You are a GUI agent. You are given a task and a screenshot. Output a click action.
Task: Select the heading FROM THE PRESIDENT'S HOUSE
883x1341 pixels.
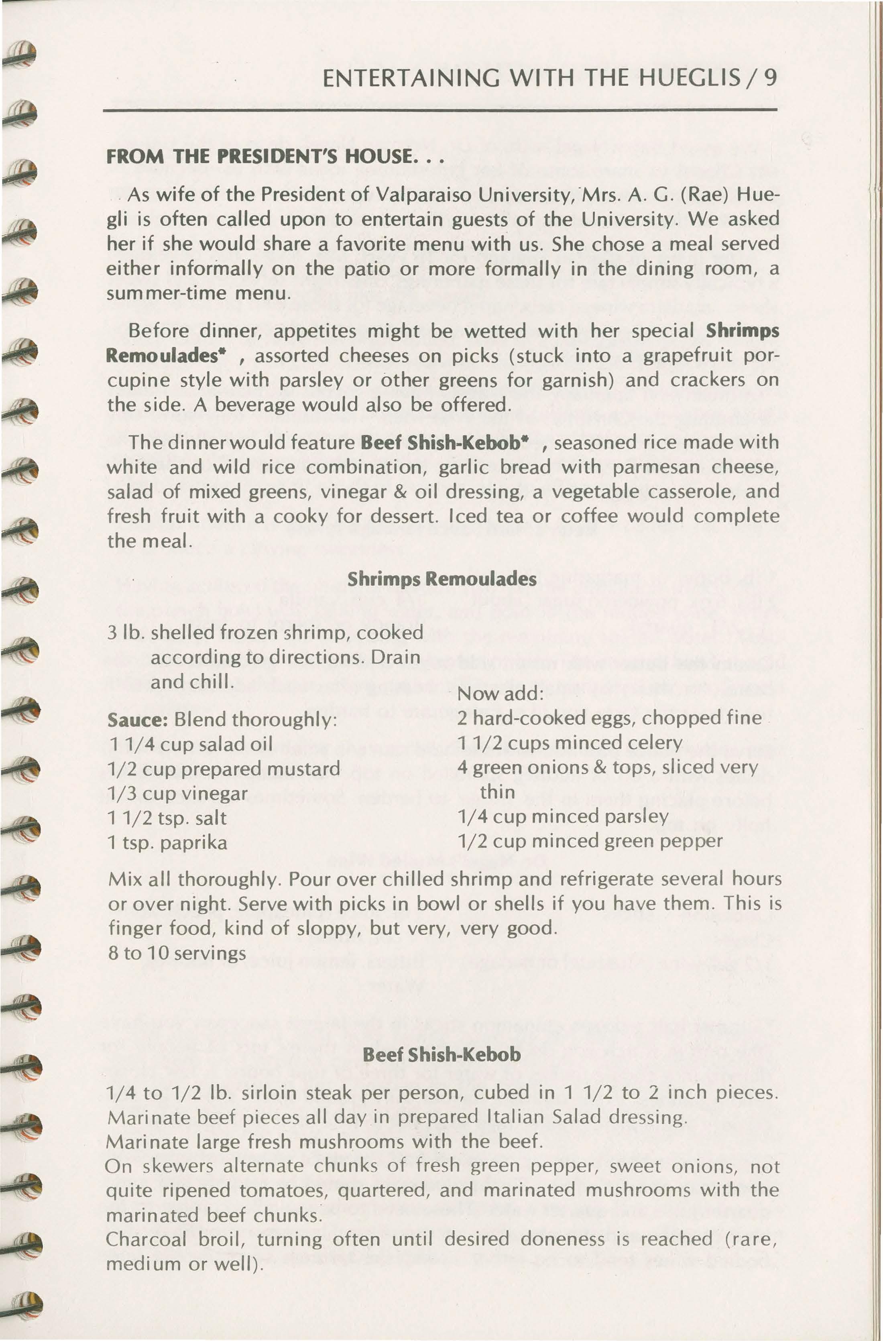275,156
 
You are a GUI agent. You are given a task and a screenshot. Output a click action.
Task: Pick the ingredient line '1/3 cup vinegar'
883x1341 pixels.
177,794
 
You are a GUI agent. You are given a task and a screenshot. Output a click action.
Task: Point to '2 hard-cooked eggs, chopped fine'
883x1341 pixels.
608,718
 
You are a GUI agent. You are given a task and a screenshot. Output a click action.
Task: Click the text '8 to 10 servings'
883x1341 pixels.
176,953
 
